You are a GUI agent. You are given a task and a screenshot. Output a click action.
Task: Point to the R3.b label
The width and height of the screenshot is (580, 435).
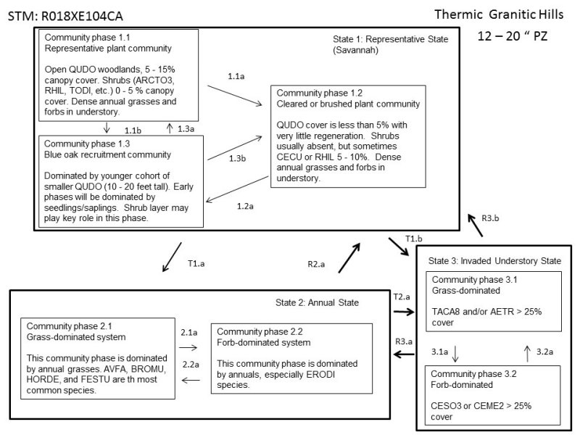pyautogui.click(x=491, y=217)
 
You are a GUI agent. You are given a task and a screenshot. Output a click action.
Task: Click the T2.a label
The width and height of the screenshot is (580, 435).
pyautogui.click(x=401, y=297)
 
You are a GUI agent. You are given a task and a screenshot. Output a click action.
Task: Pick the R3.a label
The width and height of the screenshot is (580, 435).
pyautogui.click(x=405, y=341)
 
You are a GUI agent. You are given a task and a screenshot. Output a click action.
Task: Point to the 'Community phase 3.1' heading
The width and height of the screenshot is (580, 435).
pyautogui.click(x=472, y=279)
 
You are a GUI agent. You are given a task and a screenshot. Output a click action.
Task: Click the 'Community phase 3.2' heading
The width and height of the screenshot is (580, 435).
pyautogui.click(x=472, y=375)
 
